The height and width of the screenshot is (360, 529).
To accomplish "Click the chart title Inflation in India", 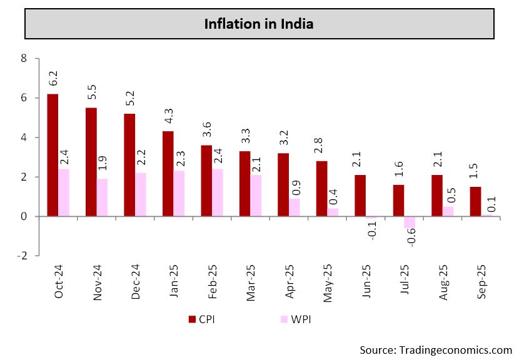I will point(259,24).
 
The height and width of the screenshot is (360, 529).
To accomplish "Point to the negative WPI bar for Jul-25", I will point(410,222).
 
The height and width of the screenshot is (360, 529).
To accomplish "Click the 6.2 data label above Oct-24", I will point(53,79).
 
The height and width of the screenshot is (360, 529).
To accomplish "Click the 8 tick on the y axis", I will point(24,59).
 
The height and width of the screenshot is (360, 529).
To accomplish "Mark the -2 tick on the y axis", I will point(23,256).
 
